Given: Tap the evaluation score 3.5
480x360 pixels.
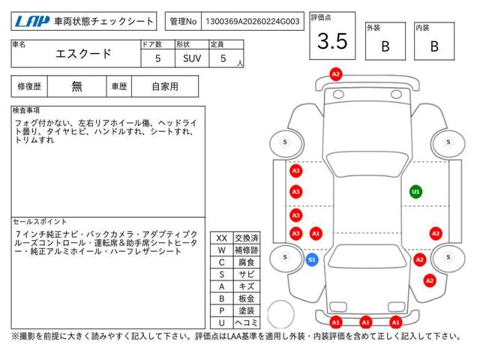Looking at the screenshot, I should (x=332, y=42).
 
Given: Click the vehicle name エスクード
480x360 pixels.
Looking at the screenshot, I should (x=84, y=54).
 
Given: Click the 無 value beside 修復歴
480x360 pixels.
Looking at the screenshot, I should (x=77, y=86).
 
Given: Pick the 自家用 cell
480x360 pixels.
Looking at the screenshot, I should (x=164, y=86).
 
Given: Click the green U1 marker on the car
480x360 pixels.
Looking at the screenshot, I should (x=415, y=192).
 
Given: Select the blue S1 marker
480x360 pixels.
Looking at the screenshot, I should (x=313, y=259).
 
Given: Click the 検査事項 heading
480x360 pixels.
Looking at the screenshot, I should (x=27, y=110).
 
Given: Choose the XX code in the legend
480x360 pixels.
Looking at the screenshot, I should (x=221, y=238).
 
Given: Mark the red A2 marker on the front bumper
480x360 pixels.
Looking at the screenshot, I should (x=336, y=74).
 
